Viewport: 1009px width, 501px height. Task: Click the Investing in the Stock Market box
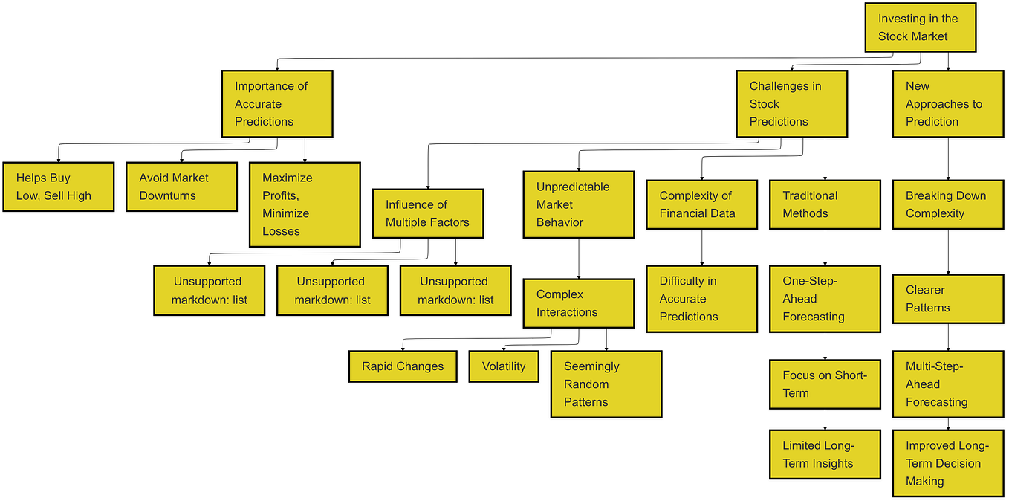[920, 28]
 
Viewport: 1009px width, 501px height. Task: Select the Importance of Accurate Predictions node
[277, 104]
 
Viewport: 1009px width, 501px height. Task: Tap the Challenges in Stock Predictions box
[791, 104]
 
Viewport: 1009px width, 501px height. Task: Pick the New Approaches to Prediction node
[947, 104]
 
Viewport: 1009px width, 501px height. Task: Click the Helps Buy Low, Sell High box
[59, 187]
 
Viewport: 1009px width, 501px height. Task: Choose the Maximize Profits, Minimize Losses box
[305, 204]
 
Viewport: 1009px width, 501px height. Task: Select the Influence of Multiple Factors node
[428, 213]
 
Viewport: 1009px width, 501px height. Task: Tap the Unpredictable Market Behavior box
[579, 204]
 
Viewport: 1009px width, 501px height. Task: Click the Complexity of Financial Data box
[701, 204]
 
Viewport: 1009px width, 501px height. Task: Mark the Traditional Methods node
[825, 204]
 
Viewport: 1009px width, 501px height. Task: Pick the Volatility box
[504, 366]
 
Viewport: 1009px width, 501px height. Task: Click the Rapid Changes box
[403, 366]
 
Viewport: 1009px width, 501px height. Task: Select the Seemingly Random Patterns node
[606, 384]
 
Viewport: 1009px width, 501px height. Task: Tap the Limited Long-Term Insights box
[825, 454]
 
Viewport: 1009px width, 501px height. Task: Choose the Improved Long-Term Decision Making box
[947, 463]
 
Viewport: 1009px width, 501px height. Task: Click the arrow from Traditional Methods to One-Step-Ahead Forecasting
[825, 248]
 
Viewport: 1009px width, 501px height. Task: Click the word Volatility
[504, 366]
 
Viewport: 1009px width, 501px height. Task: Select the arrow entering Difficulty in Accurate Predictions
[702, 248]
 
